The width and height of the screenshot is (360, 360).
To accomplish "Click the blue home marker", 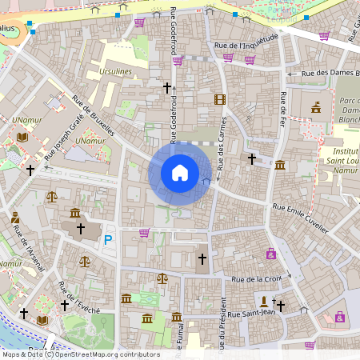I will [180, 173].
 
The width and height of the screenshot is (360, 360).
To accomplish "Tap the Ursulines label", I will [116, 71].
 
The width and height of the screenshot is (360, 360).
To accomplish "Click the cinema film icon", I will [220, 99].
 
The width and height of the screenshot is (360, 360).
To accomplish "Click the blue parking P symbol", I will [109, 238].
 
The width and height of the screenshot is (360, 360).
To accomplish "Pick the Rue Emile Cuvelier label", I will [300, 218].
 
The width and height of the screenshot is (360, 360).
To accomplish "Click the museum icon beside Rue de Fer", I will [280, 165].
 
